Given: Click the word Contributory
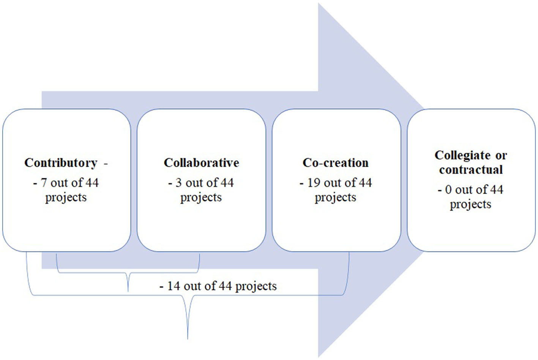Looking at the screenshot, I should [x=61, y=163].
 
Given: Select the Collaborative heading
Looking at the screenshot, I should [x=201, y=163].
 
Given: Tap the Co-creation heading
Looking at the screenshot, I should [x=335, y=163].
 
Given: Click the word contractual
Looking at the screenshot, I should [x=471, y=170].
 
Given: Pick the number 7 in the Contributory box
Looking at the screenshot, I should [x=44, y=183].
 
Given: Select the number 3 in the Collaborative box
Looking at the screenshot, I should [x=178, y=183].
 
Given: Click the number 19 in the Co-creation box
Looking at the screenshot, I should [x=314, y=183].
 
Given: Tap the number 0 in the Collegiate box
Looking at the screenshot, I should [x=448, y=189].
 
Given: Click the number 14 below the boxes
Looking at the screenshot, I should [x=174, y=286].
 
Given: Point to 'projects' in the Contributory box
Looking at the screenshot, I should [x=66, y=198].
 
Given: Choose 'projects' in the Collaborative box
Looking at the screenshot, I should [x=201, y=198].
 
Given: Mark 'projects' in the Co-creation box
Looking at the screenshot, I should [x=335, y=198].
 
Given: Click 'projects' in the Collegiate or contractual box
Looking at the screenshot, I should [x=470, y=205].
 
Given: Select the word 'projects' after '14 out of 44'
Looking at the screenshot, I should [x=256, y=287].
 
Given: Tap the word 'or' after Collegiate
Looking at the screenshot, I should [x=501, y=156].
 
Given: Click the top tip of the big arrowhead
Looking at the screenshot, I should [x=319, y=4].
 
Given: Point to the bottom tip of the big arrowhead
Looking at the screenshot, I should [x=319, y=356].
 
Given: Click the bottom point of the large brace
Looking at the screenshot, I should [x=188, y=338].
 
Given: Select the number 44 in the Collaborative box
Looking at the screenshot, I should [x=227, y=183].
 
